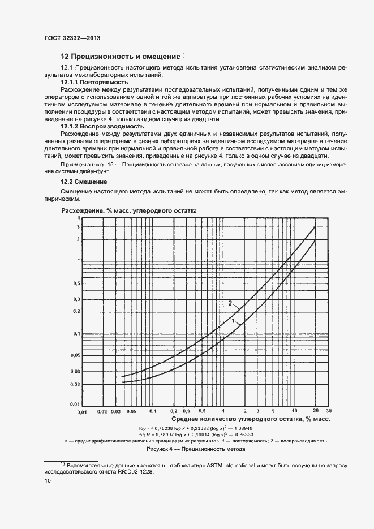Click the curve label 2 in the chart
[x=230, y=303]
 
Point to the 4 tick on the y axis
[x=79, y=218]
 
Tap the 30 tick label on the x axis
[x=328, y=410]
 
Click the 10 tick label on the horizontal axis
[x=294, y=410]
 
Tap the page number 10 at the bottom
[x=48, y=481]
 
